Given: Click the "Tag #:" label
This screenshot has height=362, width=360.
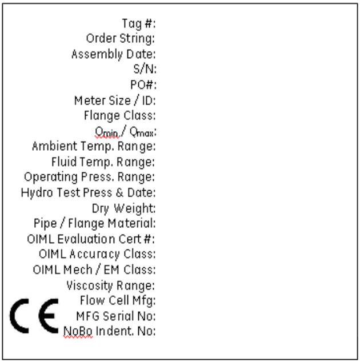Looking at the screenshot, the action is tap(139, 24).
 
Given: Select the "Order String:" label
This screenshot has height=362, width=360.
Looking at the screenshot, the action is tap(121, 39).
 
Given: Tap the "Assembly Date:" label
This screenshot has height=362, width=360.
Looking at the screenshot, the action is tap(114, 54).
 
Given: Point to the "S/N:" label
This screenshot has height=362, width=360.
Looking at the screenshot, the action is tap(145, 69).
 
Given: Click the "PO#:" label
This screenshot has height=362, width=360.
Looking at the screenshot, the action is tap(143, 85).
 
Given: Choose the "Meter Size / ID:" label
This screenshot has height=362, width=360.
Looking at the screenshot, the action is tap(115, 100).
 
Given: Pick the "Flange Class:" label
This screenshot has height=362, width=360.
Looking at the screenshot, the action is tap(119, 116).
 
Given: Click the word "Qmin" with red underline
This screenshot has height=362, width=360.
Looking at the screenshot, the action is tap(106, 132).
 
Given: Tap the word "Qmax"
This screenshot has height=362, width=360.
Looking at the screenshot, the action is tap(142, 132).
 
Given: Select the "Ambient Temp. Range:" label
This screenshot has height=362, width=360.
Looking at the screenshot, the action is tap(94, 147).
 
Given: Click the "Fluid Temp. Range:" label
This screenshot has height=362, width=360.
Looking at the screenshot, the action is tap(103, 162).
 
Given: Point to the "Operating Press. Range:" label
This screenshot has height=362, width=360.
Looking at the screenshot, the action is tap(89, 178).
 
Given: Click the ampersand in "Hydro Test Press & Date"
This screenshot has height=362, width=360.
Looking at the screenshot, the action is tap(119, 193).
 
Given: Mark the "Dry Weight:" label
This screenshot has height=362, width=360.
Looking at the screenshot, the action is tap(123, 208).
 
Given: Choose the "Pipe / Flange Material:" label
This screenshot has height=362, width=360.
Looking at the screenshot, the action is tap(94, 224).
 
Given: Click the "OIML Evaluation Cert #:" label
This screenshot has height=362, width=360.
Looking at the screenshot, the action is tap(91, 239).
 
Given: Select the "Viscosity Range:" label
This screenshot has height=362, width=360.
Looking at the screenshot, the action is tap(110, 285).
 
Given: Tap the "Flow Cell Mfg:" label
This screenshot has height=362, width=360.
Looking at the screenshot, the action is tap(118, 301).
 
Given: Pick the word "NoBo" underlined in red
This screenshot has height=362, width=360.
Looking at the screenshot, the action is tap(78, 332).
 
